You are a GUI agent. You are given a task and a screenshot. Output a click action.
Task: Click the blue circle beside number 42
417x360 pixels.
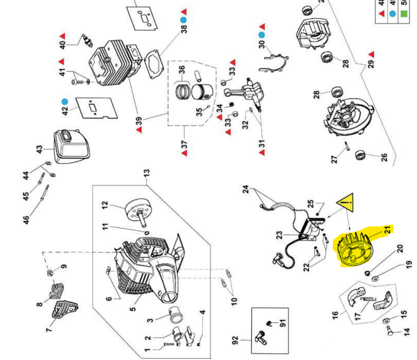click(x=65, y=102)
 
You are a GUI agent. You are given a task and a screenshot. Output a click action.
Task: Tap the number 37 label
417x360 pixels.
click(x=184, y=146)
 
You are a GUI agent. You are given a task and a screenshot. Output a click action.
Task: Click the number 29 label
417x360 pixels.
click(x=371, y=63)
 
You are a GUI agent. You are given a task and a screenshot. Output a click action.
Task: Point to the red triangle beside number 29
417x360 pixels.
click(x=371, y=53)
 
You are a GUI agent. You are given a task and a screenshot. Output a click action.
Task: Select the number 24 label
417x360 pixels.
click(x=246, y=189)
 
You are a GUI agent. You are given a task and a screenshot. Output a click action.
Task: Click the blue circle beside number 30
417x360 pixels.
click(x=262, y=35)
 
